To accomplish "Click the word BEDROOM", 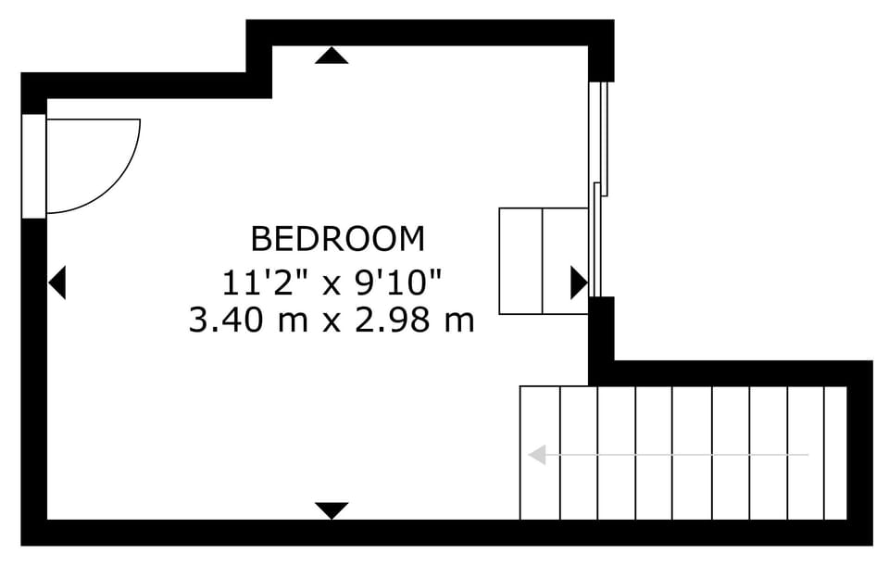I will tap(338, 239).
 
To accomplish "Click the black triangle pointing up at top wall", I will tap(332, 56).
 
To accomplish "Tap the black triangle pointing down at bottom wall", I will tap(332, 509).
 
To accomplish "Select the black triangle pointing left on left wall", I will tap(58, 282).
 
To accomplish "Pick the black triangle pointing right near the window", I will tap(578, 282).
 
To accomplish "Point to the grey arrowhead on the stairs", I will tap(536, 455).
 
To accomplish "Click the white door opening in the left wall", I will tap(33, 166).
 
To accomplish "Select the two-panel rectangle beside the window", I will tap(543, 260).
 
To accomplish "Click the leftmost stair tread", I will tap(540, 453).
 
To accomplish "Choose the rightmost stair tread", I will tap(835, 453).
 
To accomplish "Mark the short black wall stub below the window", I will tap(602, 329).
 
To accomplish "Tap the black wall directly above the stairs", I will tap(732, 372).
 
